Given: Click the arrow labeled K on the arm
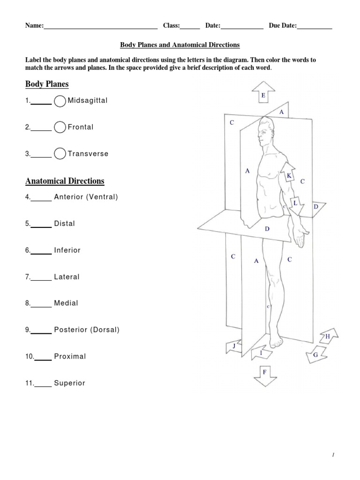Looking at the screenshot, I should click(288, 174).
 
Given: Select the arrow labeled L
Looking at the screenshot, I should click(296, 203).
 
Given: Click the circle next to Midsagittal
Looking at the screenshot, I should click(60, 101).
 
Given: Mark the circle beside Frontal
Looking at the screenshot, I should click(60, 127).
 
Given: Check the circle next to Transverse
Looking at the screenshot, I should click(60, 154).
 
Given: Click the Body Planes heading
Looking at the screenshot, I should click(47, 84).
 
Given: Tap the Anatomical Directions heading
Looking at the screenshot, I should click(65, 181).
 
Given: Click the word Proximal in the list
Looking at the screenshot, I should click(70, 356).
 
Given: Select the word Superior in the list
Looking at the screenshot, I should click(69, 383).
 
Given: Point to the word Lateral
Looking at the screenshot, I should click(67, 277).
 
